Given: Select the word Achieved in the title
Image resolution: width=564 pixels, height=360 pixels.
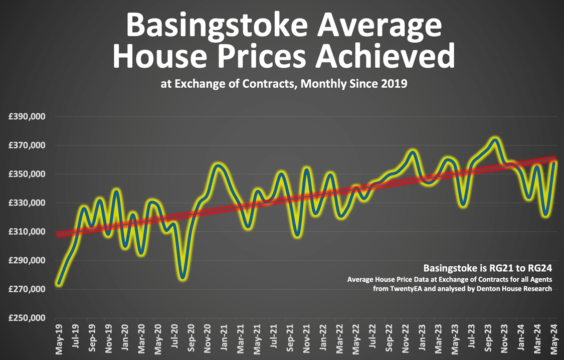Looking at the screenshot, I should pyautogui.click(x=385, y=56).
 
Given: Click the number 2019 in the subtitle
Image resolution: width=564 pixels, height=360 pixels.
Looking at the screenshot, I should pyautogui.click(x=393, y=84).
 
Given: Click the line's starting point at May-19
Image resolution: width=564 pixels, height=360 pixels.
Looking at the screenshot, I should pyautogui.click(x=59, y=284).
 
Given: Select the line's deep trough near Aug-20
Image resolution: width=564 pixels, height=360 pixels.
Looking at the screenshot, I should pyautogui.click(x=183, y=277).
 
